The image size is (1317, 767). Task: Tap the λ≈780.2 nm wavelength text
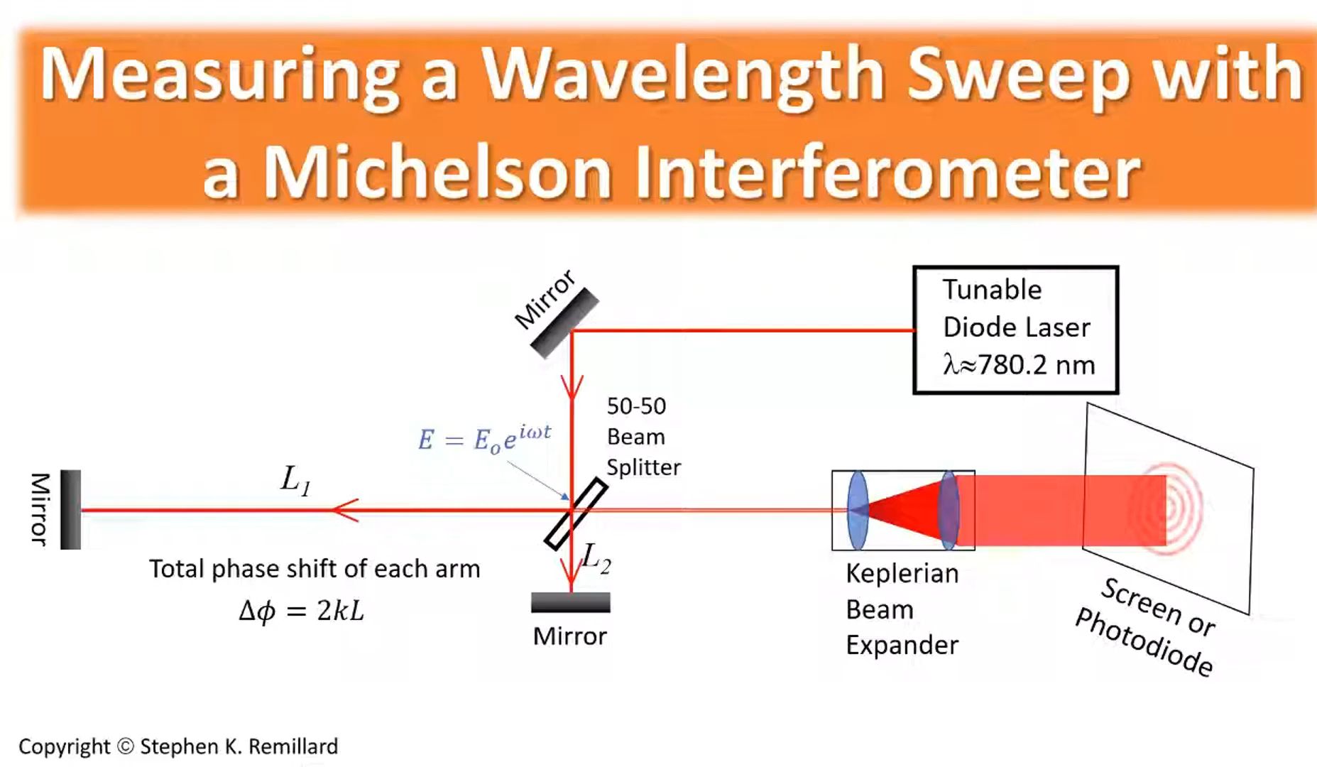pyautogui.click(x=1019, y=365)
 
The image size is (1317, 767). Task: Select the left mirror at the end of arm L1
pyautogui.click(x=70, y=509)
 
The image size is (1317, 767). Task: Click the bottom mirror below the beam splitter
pyautogui.click(x=570, y=602)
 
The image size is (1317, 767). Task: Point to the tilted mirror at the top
pyautogui.click(x=565, y=323)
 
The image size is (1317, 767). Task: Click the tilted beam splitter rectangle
pyautogui.click(x=576, y=514)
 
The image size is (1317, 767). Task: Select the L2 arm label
pyautogui.click(x=596, y=559)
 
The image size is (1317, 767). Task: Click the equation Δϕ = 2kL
pyautogui.click(x=302, y=610)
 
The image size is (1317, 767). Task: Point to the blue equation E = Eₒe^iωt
pyautogui.click(x=484, y=437)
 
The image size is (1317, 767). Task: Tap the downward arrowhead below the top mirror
pyautogui.click(x=572, y=386)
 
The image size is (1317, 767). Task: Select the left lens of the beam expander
pyautogui.click(x=858, y=510)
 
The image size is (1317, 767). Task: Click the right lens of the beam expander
pyautogui.click(x=949, y=510)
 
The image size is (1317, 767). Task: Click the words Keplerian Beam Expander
pyautogui.click(x=902, y=609)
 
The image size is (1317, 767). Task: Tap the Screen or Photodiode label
pyautogui.click(x=1146, y=626)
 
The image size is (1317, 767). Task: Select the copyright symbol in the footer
pyautogui.click(x=126, y=746)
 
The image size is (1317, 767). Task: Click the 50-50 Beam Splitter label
pyautogui.click(x=643, y=437)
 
